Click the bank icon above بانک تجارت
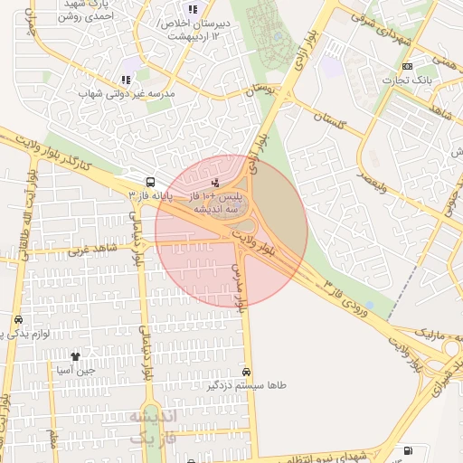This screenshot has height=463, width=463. click(x=407, y=66)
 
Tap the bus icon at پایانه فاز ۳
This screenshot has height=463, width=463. click(x=148, y=180)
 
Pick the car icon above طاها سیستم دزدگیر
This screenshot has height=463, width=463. click(x=247, y=372)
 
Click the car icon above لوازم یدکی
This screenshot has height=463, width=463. click(x=18, y=319)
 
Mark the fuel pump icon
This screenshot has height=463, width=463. click(x=410, y=450)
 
